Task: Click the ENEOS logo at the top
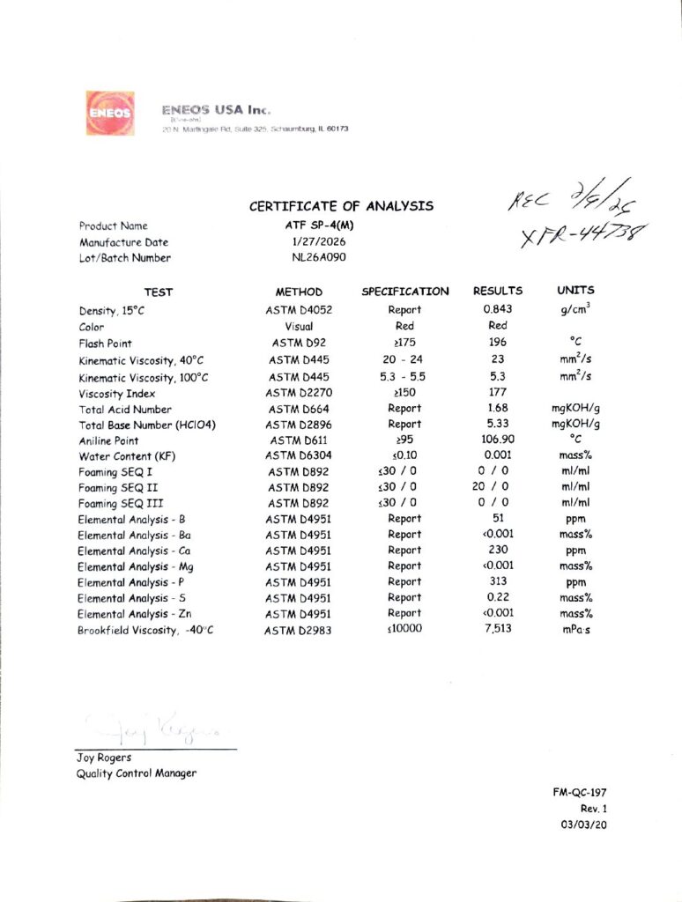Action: [x=108, y=113]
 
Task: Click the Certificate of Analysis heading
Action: [x=341, y=206]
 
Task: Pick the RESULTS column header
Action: [x=498, y=291]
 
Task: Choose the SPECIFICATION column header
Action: [x=404, y=292]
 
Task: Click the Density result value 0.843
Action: [x=498, y=310]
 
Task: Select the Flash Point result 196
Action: [x=498, y=343]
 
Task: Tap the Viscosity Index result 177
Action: [x=498, y=393]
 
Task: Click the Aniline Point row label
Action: [x=108, y=440]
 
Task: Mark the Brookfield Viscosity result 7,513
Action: [x=498, y=631]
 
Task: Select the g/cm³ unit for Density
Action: [x=575, y=309]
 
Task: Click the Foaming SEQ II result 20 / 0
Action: [x=498, y=487]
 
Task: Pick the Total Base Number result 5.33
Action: [x=498, y=425]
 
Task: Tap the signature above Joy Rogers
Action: [x=155, y=728]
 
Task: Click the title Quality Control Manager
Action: [x=137, y=773]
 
